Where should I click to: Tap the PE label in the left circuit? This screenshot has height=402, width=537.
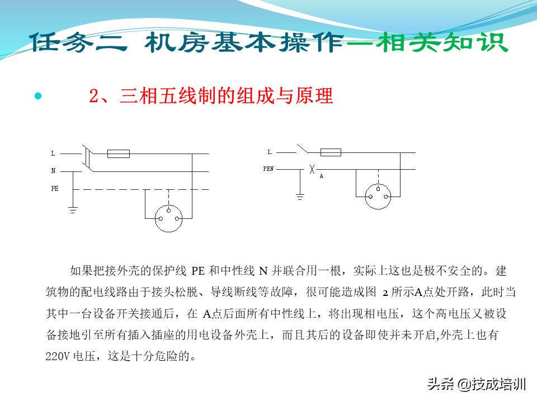55,189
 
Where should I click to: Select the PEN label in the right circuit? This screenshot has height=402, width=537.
268,168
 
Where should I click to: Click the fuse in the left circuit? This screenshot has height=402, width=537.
118,154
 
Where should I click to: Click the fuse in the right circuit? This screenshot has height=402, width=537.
331,152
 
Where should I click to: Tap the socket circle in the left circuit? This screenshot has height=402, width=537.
168,218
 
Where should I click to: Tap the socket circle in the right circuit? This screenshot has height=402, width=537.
379,197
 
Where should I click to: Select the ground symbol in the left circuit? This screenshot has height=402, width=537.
73,210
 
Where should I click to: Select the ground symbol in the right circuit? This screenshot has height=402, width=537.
300,196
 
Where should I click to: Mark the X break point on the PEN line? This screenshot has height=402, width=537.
312,168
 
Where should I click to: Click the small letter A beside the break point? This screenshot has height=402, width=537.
321,176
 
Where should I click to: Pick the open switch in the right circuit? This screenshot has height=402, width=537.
303,149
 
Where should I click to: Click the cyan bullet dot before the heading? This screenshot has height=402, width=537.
38,96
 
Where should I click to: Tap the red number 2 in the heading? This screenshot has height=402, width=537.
94,96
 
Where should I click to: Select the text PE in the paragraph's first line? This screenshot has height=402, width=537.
198,271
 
